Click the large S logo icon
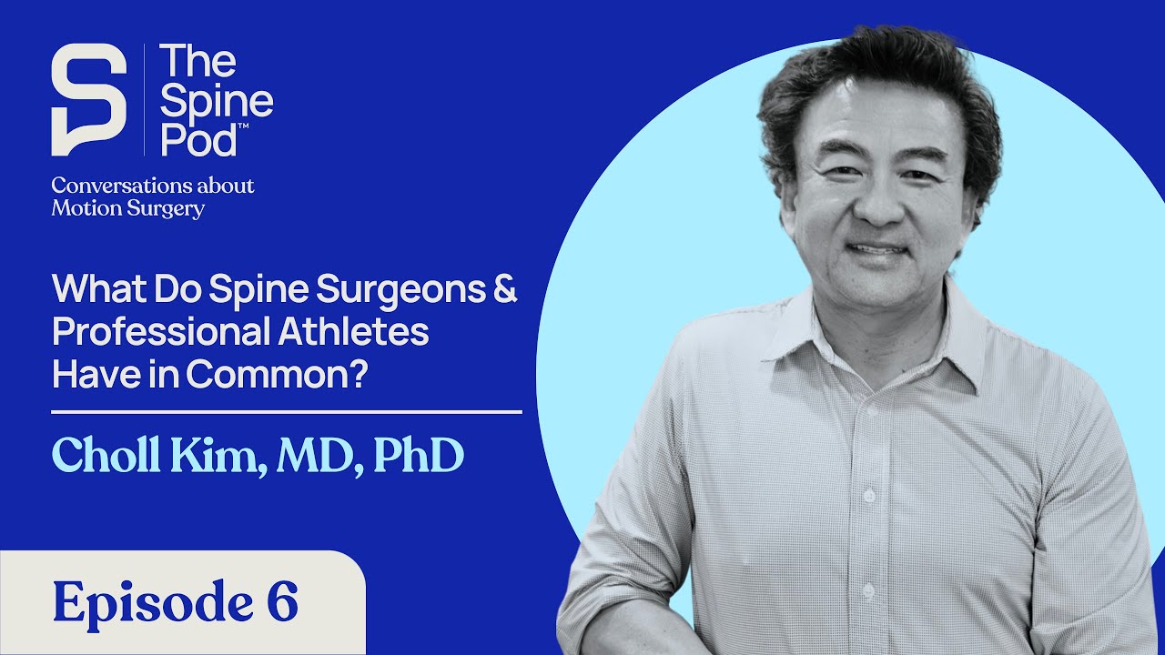coord(88,99)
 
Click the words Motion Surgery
coord(127,209)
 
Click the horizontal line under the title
coord(287,412)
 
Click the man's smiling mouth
coord(876,249)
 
